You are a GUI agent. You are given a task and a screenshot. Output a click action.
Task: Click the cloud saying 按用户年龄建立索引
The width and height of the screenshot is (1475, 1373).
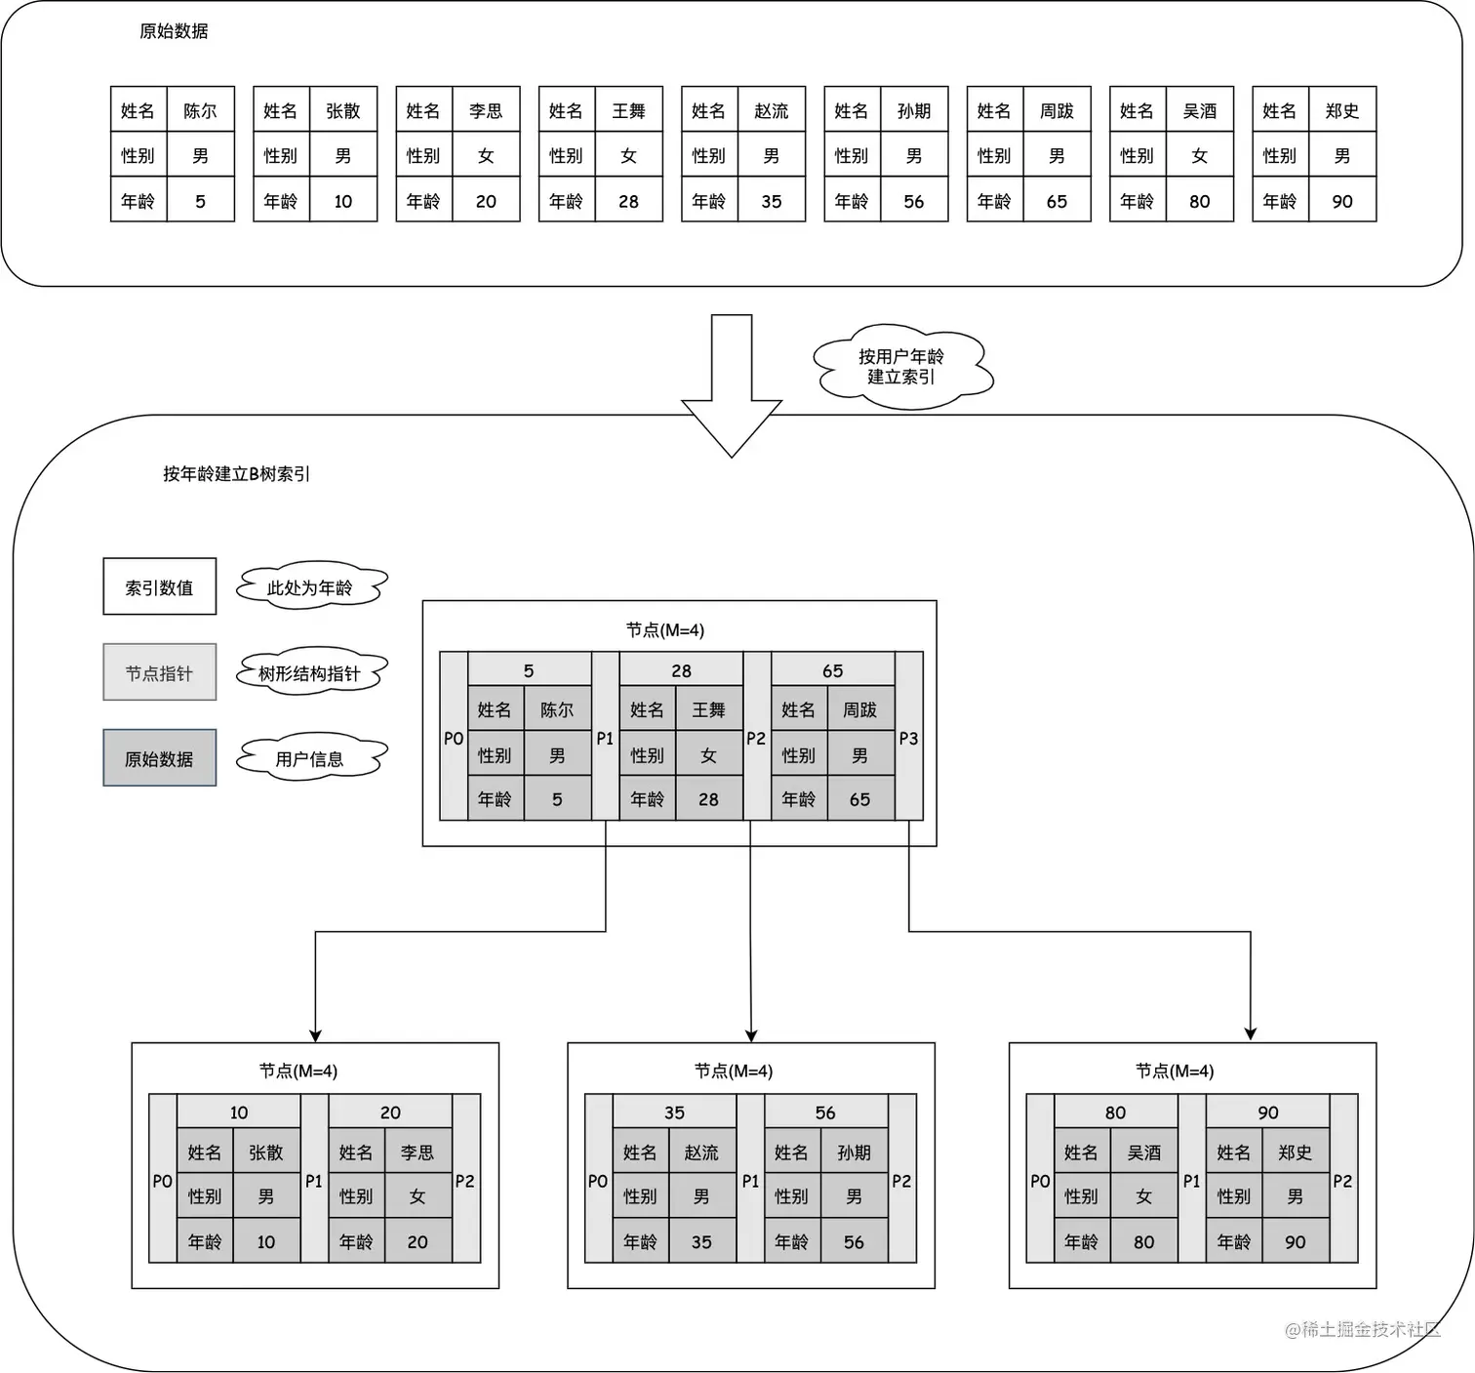901,367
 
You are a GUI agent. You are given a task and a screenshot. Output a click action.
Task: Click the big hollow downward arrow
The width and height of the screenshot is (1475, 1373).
732,385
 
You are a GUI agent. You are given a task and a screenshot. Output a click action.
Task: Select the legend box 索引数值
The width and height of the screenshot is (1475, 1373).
159,587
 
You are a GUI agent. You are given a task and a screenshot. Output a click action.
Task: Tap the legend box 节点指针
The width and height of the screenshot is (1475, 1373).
159,672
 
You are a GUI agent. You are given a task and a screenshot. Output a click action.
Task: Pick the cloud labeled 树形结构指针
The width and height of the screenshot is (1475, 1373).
310,672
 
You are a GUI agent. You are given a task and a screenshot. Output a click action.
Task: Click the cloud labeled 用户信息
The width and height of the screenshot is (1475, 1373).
310,759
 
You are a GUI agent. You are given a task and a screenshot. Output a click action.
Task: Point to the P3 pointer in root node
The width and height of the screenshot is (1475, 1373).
908,739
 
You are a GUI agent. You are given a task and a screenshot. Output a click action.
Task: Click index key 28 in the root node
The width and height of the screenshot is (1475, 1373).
681,670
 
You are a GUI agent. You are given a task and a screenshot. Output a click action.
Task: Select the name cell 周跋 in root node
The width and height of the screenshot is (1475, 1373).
859,710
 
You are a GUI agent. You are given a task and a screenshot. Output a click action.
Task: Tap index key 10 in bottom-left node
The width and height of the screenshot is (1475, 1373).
239,1112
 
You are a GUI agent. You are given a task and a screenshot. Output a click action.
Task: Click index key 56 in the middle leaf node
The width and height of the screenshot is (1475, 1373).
825,1112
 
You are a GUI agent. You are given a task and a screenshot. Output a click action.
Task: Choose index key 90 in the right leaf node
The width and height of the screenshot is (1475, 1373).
1267,1112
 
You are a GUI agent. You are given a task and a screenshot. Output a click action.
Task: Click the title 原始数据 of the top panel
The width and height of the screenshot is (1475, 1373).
174,31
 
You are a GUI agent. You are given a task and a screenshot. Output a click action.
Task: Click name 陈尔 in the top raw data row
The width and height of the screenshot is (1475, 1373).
200,110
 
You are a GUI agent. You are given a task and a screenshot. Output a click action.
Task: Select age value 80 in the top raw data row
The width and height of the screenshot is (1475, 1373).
1199,201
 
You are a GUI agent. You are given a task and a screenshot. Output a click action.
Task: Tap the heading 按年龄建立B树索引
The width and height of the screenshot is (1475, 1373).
236,474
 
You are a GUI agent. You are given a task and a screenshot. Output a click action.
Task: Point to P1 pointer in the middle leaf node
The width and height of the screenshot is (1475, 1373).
750,1181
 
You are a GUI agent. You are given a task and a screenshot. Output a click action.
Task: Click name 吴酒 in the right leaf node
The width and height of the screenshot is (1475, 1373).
1143,1152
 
